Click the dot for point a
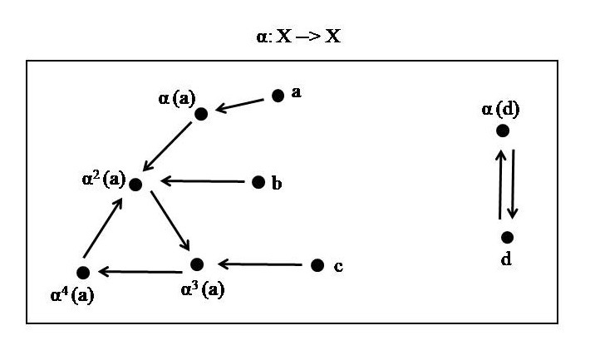tap(278, 96)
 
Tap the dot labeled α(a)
tap(200, 114)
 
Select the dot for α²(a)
tap(135, 184)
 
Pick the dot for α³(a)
tap(197, 265)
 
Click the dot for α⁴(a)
tap(82, 273)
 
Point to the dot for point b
tap(258, 182)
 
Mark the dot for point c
tap(317, 265)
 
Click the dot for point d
tap(507, 237)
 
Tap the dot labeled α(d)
tap(502, 131)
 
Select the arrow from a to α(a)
tap(240, 105)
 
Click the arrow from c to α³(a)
tap(258, 265)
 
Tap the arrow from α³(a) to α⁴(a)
tap(140, 270)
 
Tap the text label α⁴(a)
tap(71, 293)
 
